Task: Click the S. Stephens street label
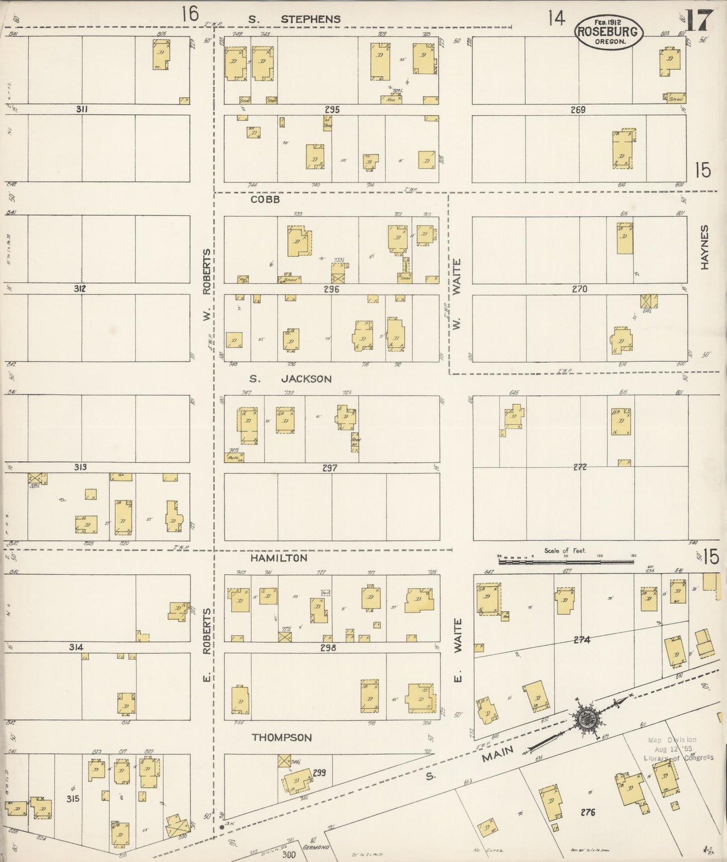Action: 295,19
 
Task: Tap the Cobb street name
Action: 265,200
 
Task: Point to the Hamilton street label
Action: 279,558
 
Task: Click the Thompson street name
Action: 282,737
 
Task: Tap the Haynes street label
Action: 704,247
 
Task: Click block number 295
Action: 332,110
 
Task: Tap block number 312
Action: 79,289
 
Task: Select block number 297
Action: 330,468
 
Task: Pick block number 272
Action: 580,467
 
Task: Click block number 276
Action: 587,812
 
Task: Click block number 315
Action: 73,798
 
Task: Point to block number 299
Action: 319,772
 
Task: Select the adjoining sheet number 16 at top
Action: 190,15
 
